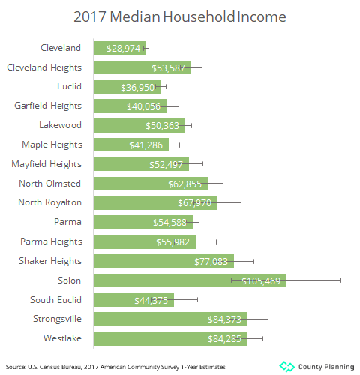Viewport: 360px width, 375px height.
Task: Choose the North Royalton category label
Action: [49, 202]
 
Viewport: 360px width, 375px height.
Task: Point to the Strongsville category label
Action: [55, 319]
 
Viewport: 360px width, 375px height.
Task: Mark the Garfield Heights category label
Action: [48, 106]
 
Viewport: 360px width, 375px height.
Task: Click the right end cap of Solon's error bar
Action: [341, 280]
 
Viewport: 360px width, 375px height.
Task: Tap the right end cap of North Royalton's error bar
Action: [241, 202]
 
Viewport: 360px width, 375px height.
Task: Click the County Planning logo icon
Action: [286, 366]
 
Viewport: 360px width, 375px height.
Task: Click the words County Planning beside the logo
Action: [326, 366]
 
